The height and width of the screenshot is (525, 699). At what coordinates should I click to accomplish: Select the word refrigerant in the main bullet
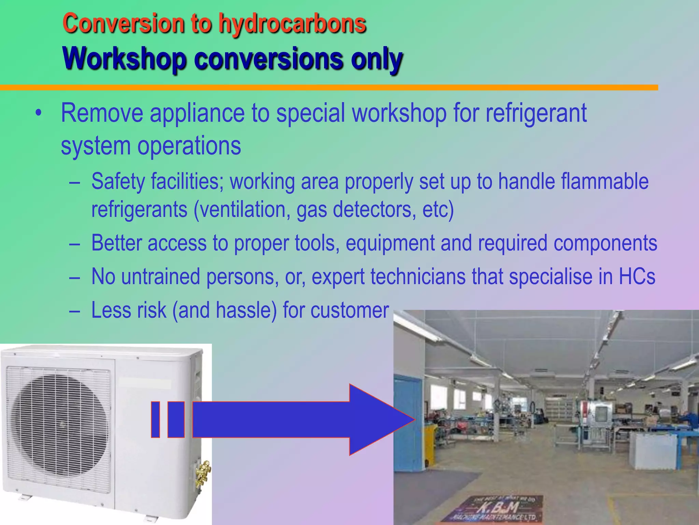tap(536, 113)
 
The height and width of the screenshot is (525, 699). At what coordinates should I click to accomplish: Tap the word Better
tap(116, 243)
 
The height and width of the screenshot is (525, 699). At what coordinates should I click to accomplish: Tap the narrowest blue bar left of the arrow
tap(155, 420)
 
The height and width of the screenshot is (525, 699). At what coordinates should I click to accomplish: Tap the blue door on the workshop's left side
tap(408, 424)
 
